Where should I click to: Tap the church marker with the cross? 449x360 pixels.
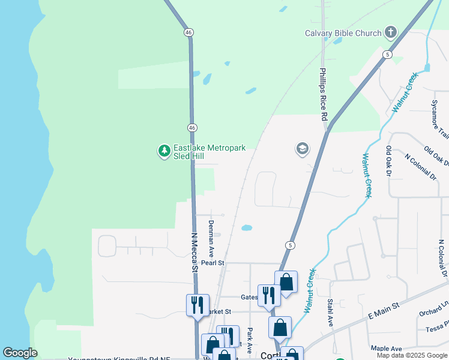(391, 32)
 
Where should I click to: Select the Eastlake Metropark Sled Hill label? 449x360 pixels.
(209, 151)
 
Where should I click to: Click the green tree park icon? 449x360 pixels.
(164, 151)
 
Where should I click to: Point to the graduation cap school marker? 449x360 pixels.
(302, 148)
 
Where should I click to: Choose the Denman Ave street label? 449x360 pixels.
(211, 239)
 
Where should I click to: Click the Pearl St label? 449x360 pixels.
(212, 263)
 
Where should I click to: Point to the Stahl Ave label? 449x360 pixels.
(330, 311)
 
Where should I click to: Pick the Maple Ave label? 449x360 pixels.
(387, 349)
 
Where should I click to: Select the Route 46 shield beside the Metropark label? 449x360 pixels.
(191, 127)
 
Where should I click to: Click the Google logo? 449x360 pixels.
(20, 353)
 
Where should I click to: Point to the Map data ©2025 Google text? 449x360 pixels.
(411, 355)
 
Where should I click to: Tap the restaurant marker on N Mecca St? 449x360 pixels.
(197, 305)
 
